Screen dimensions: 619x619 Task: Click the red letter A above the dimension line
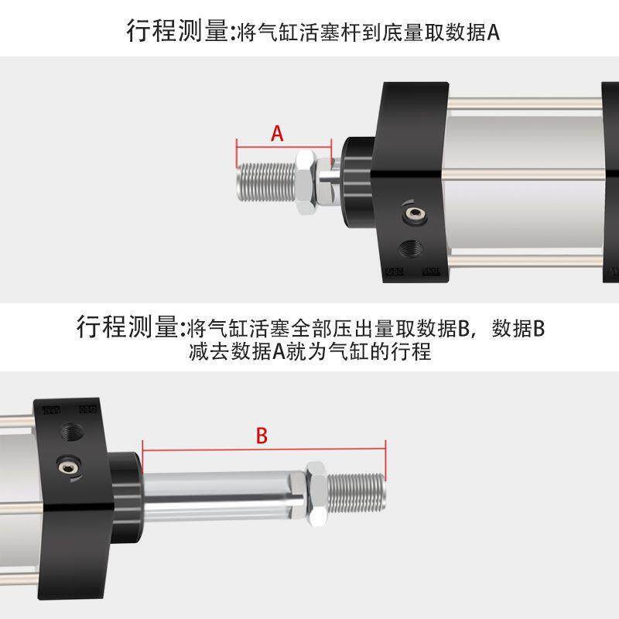(277, 133)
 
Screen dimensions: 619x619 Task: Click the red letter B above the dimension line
(262, 436)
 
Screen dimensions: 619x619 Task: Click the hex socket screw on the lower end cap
(67, 465)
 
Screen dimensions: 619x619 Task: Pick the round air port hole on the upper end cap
(410, 248)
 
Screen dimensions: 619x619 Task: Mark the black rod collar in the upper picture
(355, 176)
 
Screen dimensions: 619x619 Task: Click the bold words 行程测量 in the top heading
(177, 32)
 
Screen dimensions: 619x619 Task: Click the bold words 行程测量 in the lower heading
(127, 327)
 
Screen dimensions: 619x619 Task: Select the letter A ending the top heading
(493, 32)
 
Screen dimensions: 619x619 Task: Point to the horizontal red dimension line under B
(263, 450)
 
